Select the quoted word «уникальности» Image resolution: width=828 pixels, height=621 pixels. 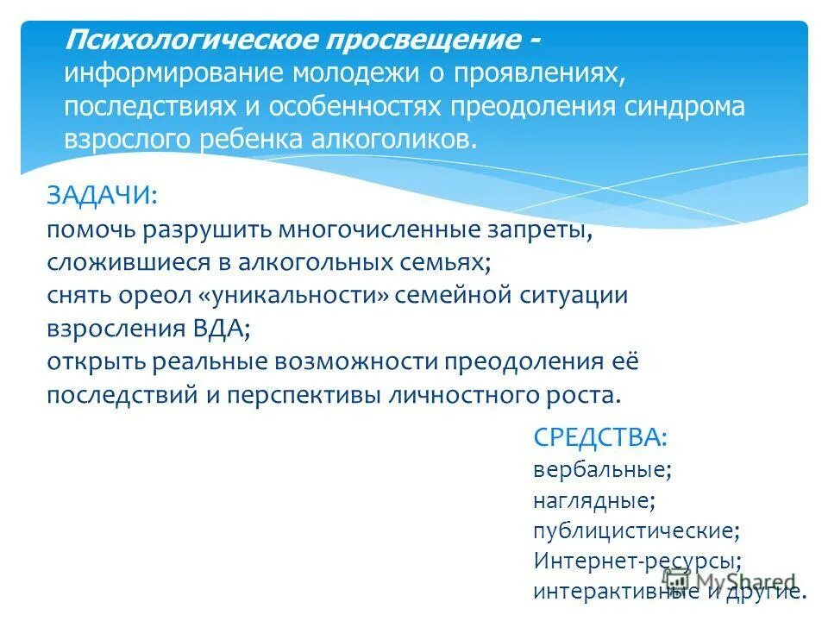tap(298, 295)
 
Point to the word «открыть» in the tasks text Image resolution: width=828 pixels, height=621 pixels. tap(97, 361)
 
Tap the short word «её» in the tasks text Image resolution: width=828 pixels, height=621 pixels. tap(627, 361)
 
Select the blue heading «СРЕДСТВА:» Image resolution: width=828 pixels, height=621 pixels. tap(600, 438)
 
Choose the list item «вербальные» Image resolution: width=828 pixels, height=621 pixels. tap(600, 470)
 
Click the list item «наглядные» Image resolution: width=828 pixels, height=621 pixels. tap(593, 500)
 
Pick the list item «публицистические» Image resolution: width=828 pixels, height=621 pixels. tap(635, 530)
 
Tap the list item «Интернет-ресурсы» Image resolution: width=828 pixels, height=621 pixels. tap(637, 561)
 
